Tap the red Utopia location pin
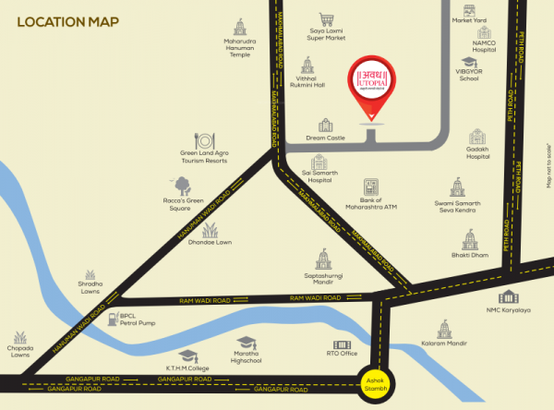pos(371,89)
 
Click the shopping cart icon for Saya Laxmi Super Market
pos(325,18)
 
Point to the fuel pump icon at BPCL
pos(112,317)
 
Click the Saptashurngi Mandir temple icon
pos(322,259)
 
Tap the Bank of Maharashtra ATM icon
pos(371,187)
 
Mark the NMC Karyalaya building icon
pos(508,297)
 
